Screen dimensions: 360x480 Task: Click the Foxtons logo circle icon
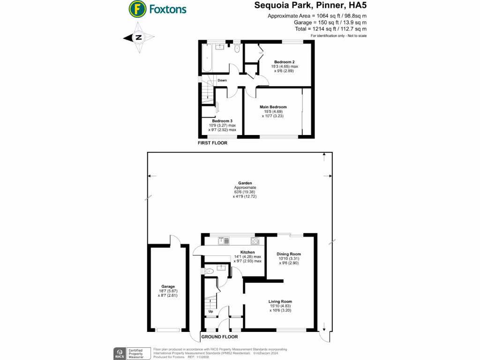[x=136, y=8]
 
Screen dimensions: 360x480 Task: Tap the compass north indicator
[x=138, y=38]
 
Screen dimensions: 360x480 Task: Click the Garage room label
[x=168, y=286]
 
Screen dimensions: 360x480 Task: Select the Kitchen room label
[x=247, y=252]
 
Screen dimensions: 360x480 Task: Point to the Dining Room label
[x=289, y=254]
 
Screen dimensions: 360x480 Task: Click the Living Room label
[x=280, y=301]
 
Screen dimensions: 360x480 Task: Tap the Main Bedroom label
[x=273, y=107]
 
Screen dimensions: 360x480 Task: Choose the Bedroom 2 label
[x=284, y=62]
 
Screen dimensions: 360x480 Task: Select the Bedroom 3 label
[x=222, y=121]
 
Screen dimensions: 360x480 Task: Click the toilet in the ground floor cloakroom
[x=210, y=270]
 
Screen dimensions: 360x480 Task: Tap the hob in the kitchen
[x=255, y=241]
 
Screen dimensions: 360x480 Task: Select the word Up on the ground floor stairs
[x=210, y=311]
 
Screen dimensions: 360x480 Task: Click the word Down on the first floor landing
[x=222, y=80]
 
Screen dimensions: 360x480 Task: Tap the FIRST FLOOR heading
[x=213, y=143]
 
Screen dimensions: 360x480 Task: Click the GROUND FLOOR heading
[x=219, y=337]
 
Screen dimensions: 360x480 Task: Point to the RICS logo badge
[x=119, y=352]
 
